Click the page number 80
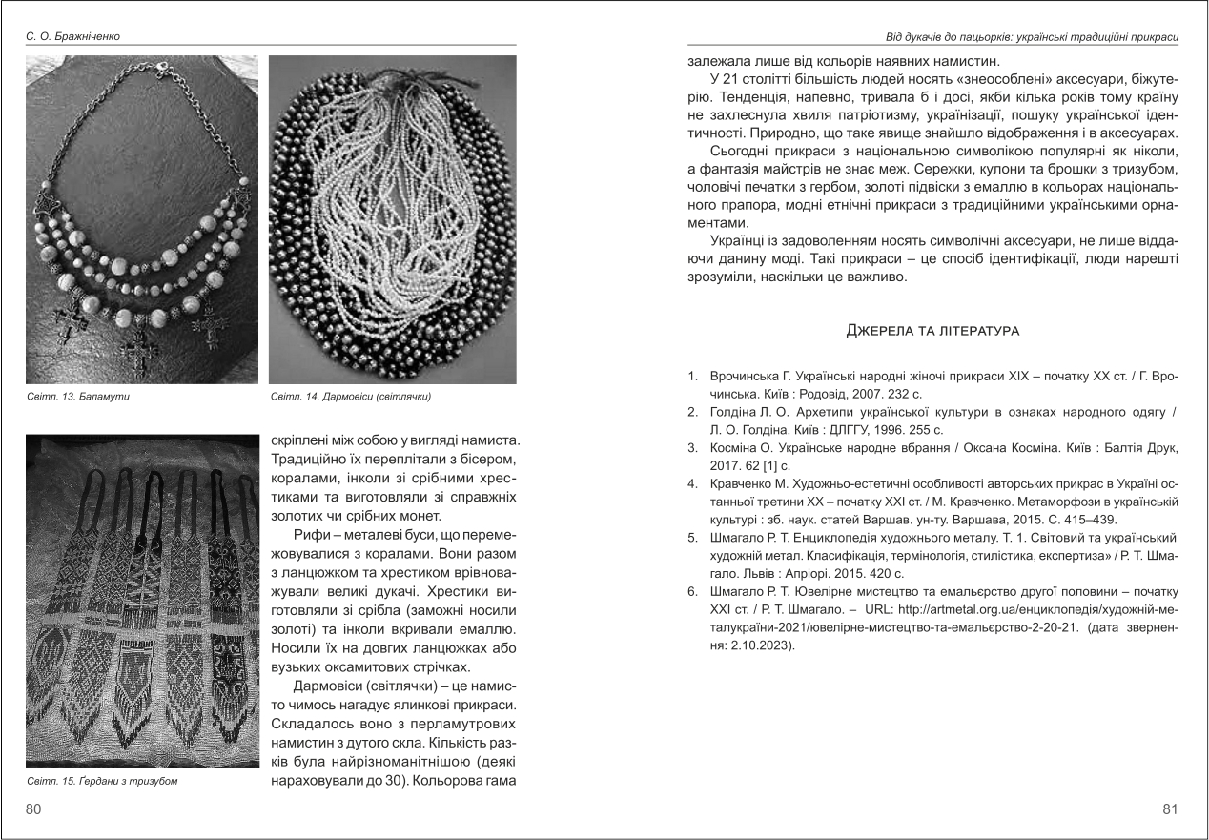[33, 809]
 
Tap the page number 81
[1171, 809]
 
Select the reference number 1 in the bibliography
[692, 377]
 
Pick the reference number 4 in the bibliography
[692, 483]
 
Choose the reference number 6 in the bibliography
[692, 591]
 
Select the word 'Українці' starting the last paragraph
[738, 242]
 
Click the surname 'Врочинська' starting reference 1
[743, 377]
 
